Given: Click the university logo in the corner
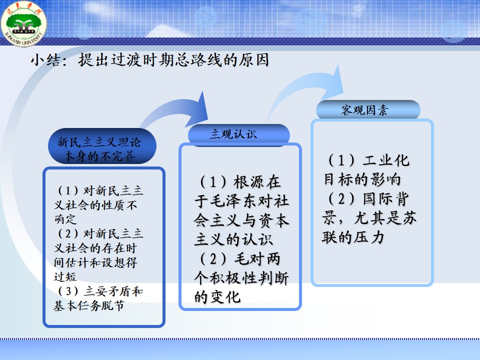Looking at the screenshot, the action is [x=23, y=24].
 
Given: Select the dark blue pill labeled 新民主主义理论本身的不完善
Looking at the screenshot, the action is [x=102, y=146].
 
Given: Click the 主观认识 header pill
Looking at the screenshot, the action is [x=239, y=134].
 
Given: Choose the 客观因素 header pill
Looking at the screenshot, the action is [x=368, y=109].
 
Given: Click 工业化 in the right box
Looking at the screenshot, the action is [x=386, y=160].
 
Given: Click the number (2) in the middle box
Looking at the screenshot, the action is [x=213, y=259].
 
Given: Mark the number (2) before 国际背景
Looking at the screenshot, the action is [x=341, y=198].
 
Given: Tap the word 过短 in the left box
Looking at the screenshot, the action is [x=65, y=276].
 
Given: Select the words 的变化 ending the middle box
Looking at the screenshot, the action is [x=217, y=297].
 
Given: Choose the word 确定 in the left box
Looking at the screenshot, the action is [x=65, y=219].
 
